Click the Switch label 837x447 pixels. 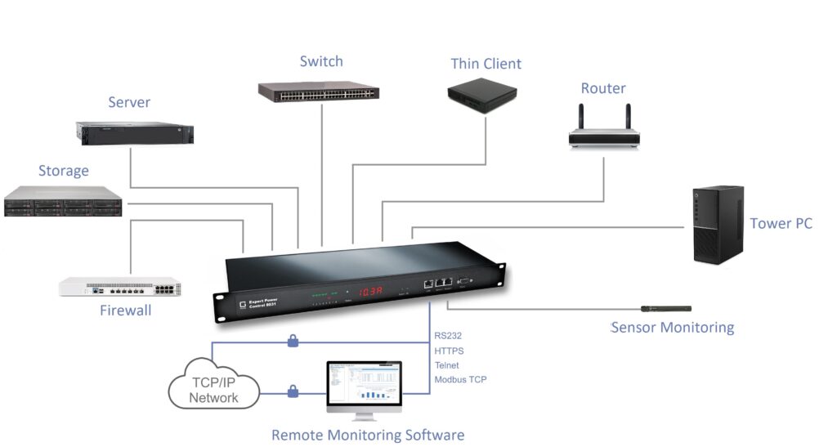(x=321, y=61)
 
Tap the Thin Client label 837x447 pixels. (x=486, y=64)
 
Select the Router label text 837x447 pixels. (x=603, y=88)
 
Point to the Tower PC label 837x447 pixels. (x=781, y=223)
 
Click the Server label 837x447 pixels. (x=129, y=102)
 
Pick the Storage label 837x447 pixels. (x=63, y=171)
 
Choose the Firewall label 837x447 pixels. (x=125, y=311)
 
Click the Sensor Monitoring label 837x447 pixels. (x=672, y=328)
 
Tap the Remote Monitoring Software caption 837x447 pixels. (x=367, y=435)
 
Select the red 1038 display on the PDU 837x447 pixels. (x=377, y=291)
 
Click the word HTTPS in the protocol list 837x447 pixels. (x=449, y=351)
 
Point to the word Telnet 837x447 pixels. (x=447, y=365)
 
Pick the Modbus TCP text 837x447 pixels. (x=460, y=380)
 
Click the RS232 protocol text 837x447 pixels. (x=448, y=335)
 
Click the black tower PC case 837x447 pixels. (x=718, y=224)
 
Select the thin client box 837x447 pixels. (x=481, y=95)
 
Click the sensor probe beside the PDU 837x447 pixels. (x=665, y=309)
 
